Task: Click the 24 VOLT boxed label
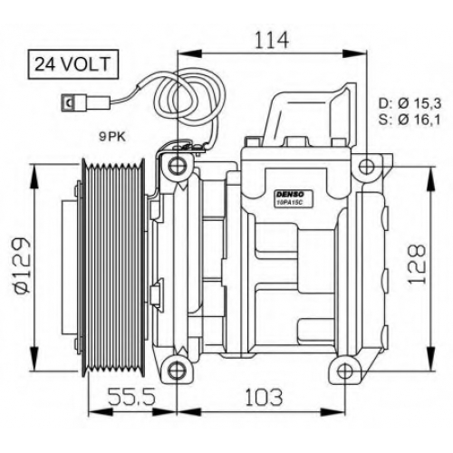pos(73,64)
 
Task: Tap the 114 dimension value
pos(272,41)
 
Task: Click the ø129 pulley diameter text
pos(22,265)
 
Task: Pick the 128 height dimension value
pos(417,264)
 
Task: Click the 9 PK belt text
pos(112,138)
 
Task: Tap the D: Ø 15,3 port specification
pos(410,104)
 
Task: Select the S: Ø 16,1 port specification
pos(410,120)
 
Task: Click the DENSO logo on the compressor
pos(289,194)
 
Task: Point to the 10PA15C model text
pos(288,203)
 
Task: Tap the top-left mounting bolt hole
pos(176,166)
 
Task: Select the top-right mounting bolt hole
pos(367,166)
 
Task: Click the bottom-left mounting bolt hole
pos(176,371)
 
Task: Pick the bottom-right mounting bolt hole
pos(344,371)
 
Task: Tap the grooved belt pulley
pos(114,268)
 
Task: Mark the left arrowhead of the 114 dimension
pos(189,53)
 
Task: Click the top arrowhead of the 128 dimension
pos(429,178)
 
